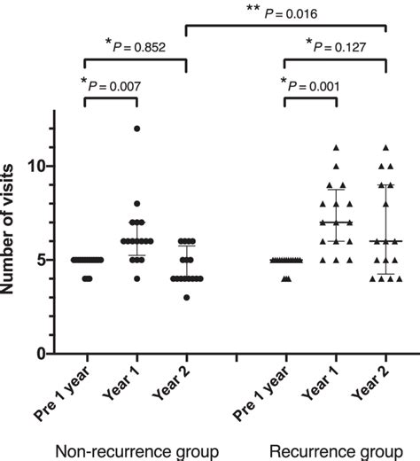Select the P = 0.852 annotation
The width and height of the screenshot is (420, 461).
point(137,45)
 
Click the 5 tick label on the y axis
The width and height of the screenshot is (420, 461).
point(42,260)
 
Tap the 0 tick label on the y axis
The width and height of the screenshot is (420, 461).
point(42,354)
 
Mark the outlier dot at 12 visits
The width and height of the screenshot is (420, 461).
point(137,129)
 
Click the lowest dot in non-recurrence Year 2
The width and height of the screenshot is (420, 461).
point(185,297)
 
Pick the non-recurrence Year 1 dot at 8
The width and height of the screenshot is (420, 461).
point(137,203)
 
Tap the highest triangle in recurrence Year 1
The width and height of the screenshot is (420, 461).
point(336,147)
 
